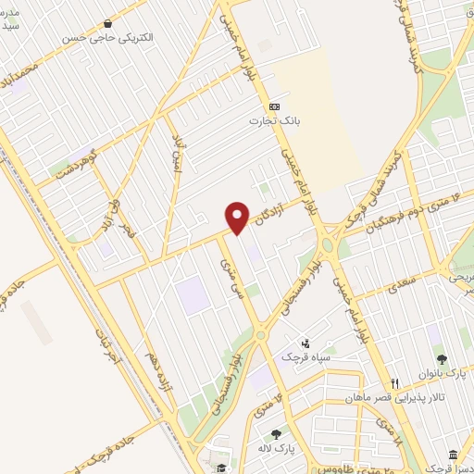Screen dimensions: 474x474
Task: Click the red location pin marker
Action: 238,217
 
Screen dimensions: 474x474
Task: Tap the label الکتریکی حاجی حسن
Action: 107,39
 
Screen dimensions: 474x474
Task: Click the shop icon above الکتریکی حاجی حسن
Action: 108,23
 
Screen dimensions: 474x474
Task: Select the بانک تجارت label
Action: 269,121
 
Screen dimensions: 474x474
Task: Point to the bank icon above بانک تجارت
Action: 274,106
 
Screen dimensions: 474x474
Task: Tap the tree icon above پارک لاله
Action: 275,433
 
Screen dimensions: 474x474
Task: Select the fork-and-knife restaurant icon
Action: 394,382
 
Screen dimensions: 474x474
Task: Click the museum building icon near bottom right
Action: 453,455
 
